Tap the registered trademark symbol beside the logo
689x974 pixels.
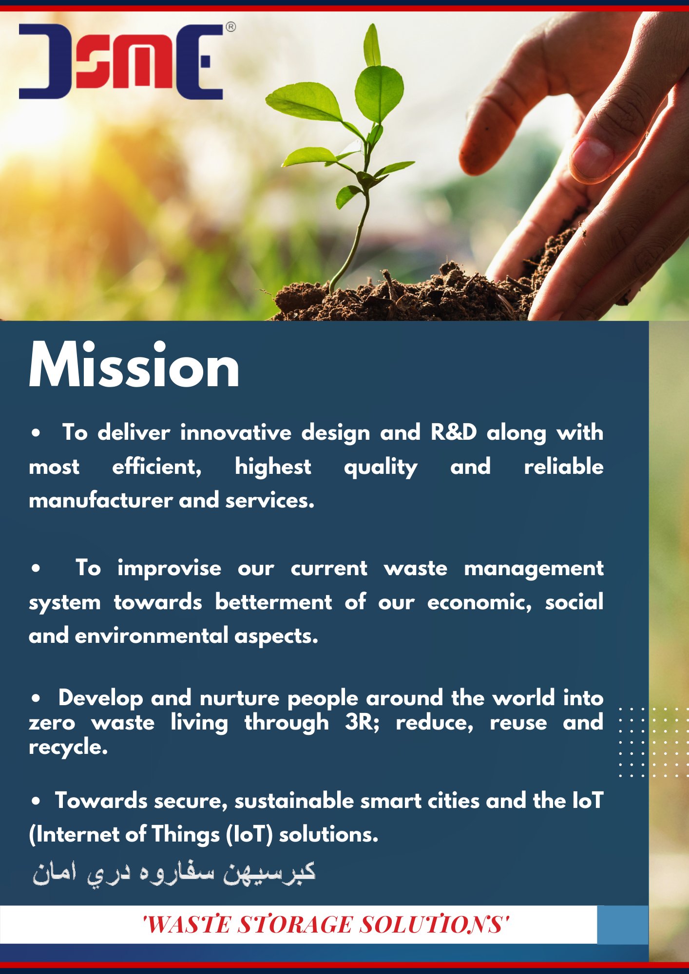[x=231, y=27]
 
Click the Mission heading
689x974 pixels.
[x=134, y=365]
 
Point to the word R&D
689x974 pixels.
[x=453, y=432]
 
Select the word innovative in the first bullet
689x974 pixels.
[x=236, y=432]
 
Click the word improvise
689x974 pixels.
[x=169, y=568]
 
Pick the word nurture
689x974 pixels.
[x=239, y=698]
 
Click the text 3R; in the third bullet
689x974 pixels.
[x=362, y=723]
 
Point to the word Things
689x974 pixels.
[x=186, y=835]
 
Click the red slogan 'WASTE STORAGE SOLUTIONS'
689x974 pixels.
[x=325, y=924]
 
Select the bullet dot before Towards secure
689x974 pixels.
[x=36, y=801]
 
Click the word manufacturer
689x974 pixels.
[x=101, y=501]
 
